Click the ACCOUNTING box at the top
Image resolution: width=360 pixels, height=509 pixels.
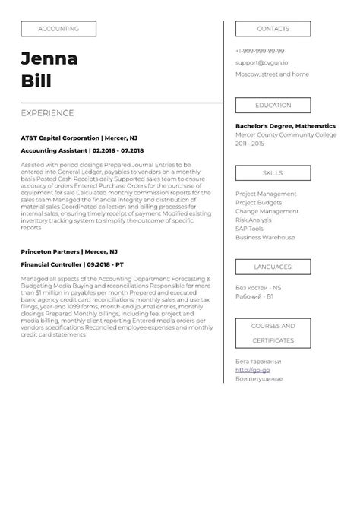coord(58,29)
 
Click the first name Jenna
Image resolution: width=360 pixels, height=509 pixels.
coord(49,59)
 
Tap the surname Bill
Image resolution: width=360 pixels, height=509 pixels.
coord(36,81)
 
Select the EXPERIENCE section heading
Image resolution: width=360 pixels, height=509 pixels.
coord(47,113)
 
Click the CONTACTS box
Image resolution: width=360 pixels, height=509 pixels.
coord(273,29)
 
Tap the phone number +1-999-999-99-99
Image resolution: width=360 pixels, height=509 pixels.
coord(260,51)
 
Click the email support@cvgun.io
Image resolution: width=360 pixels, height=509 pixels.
coord(261,62)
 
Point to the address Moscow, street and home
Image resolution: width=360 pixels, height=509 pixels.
coord(272,74)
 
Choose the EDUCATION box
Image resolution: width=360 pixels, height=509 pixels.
coord(273,105)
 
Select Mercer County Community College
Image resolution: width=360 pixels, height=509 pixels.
coord(286,134)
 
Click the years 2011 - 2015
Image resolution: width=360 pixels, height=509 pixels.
coord(251,143)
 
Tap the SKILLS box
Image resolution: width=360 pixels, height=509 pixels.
coord(273,173)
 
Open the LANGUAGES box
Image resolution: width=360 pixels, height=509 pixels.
coord(273,267)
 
